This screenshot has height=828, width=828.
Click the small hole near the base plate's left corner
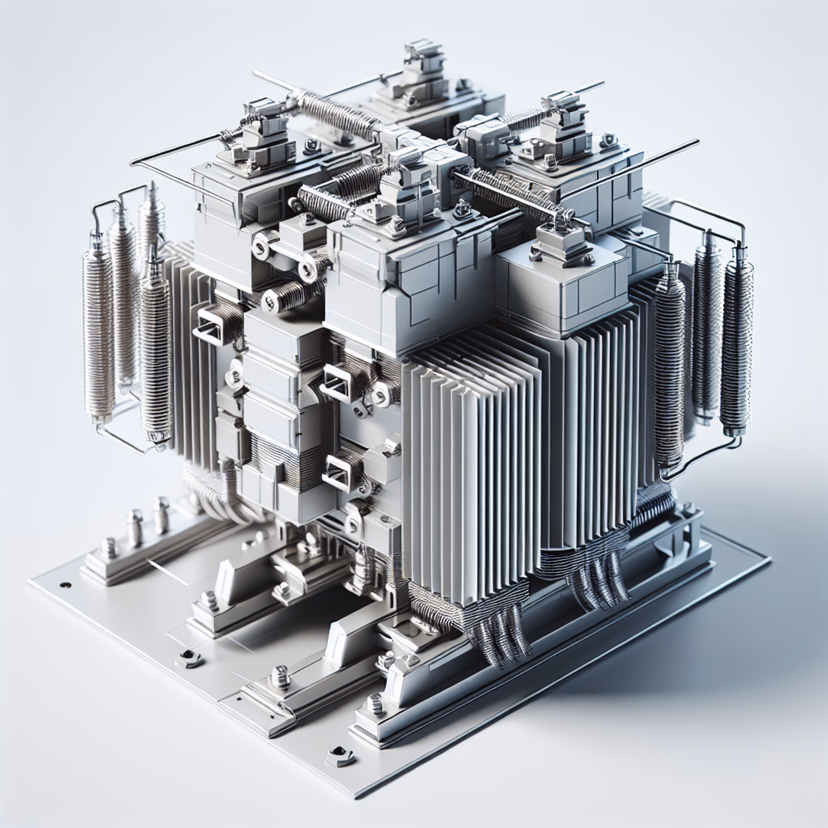click(65, 585)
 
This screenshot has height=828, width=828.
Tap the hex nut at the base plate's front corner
click(337, 752)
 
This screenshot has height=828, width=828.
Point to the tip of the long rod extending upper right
click(697, 140)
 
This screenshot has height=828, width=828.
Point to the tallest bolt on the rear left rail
click(136, 527)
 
